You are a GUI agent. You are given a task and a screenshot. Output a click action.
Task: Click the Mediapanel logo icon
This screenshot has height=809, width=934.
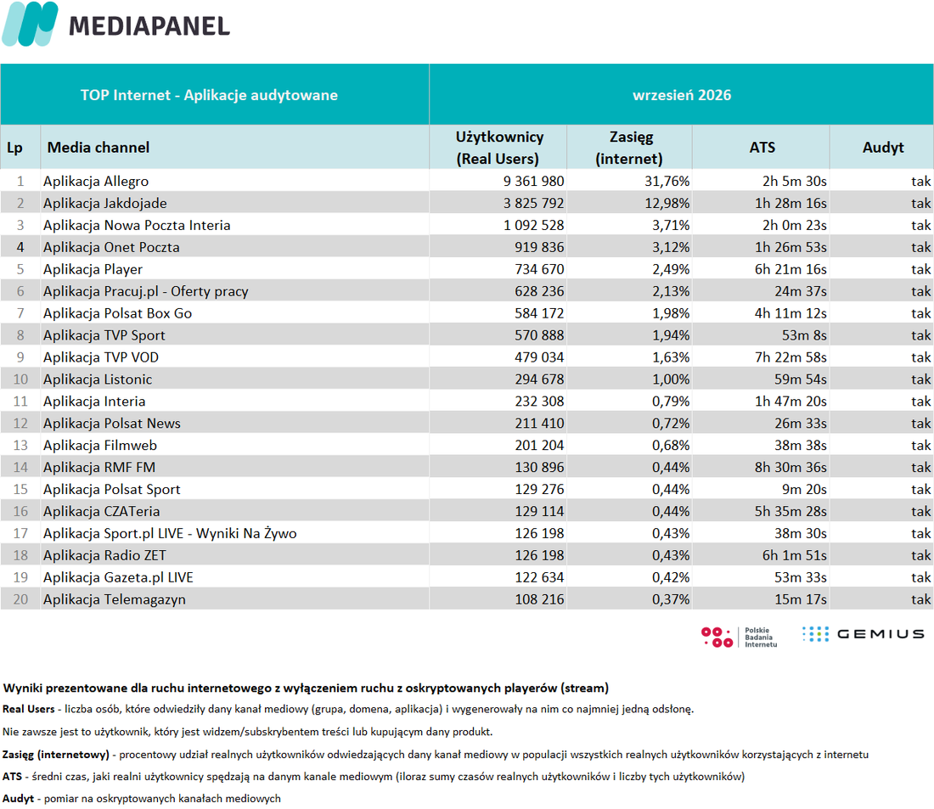[31, 24]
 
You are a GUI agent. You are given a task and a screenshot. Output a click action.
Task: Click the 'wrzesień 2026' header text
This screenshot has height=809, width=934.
[682, 95]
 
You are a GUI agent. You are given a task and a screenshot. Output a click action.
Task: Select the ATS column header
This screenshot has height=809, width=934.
[762, 147]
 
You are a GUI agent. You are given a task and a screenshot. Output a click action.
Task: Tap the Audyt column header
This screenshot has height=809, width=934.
[883, 147]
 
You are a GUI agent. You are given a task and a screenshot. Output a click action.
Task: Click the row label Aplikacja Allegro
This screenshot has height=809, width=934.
[96, 181]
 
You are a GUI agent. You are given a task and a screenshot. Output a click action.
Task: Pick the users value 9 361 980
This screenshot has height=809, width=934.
[533, 181]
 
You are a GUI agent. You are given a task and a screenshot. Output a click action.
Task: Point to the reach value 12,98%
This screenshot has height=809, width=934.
[667, 203]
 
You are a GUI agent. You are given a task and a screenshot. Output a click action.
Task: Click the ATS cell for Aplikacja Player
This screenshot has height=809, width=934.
[791, 269]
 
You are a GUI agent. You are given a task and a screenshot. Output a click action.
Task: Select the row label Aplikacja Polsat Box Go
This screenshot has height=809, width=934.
[117, 313]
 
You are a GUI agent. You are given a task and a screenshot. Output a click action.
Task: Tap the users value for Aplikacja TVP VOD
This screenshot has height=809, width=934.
[539, 357]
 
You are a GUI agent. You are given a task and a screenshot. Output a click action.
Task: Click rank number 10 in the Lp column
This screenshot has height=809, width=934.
[20, 379]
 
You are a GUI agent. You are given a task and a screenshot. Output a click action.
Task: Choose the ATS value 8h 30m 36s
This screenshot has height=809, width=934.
[791, 467]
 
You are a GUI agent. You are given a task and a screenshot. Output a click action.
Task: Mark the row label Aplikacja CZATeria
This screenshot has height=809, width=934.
[101, 511]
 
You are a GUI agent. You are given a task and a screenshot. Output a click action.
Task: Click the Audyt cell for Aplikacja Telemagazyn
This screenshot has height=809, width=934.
[920, 599]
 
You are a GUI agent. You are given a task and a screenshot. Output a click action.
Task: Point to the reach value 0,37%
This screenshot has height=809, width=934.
[670, 599]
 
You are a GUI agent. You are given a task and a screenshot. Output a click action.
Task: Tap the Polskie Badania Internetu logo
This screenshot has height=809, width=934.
[739, 637]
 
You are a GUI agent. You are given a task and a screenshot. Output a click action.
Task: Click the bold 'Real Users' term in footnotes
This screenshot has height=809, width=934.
[29, 709]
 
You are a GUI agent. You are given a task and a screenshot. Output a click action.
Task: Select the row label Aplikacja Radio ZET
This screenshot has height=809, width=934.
[104, 555]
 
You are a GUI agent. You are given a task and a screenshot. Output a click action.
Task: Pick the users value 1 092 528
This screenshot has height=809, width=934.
[533, 225]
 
